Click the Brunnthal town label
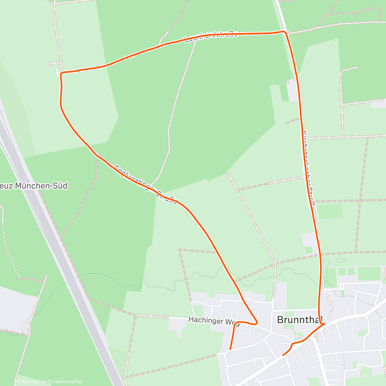299,320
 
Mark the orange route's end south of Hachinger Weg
230,349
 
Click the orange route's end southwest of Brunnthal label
283,355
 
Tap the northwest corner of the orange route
61,73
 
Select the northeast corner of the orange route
284,32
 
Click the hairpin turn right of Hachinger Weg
256,322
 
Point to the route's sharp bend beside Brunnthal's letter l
324,324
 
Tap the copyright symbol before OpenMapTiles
18,382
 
